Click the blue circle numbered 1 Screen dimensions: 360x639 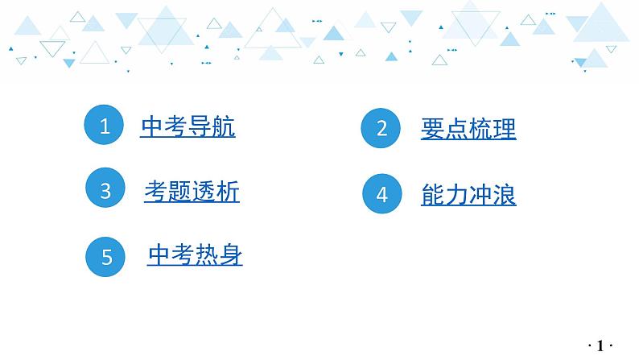coord(105,126)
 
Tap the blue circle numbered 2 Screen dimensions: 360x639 coord(381,128)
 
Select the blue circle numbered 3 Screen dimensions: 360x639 coord(105,191)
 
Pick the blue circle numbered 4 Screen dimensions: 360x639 coord(381,194)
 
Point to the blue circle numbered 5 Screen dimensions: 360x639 coord(106,257)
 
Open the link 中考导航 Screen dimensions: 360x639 coord(188,127)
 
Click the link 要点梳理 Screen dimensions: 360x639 coord(468,129)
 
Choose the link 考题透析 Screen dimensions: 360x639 coord(192,191)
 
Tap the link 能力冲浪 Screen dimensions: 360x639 coord(468,195)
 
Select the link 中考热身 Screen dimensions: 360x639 coord(195,255)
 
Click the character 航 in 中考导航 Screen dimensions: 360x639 coord(224,127)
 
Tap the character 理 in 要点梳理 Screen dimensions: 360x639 coord(505,129)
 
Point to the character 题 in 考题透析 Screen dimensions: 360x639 coord(179,191)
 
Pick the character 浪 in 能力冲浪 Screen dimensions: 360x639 coord(505,195)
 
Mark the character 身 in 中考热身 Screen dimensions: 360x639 coord(231,255)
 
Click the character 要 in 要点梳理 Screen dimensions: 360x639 coord(432,129)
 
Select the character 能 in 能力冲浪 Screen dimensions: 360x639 coord(432,195)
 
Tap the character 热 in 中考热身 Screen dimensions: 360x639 coord(207,255)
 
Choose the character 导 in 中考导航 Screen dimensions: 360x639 coord(200,127)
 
